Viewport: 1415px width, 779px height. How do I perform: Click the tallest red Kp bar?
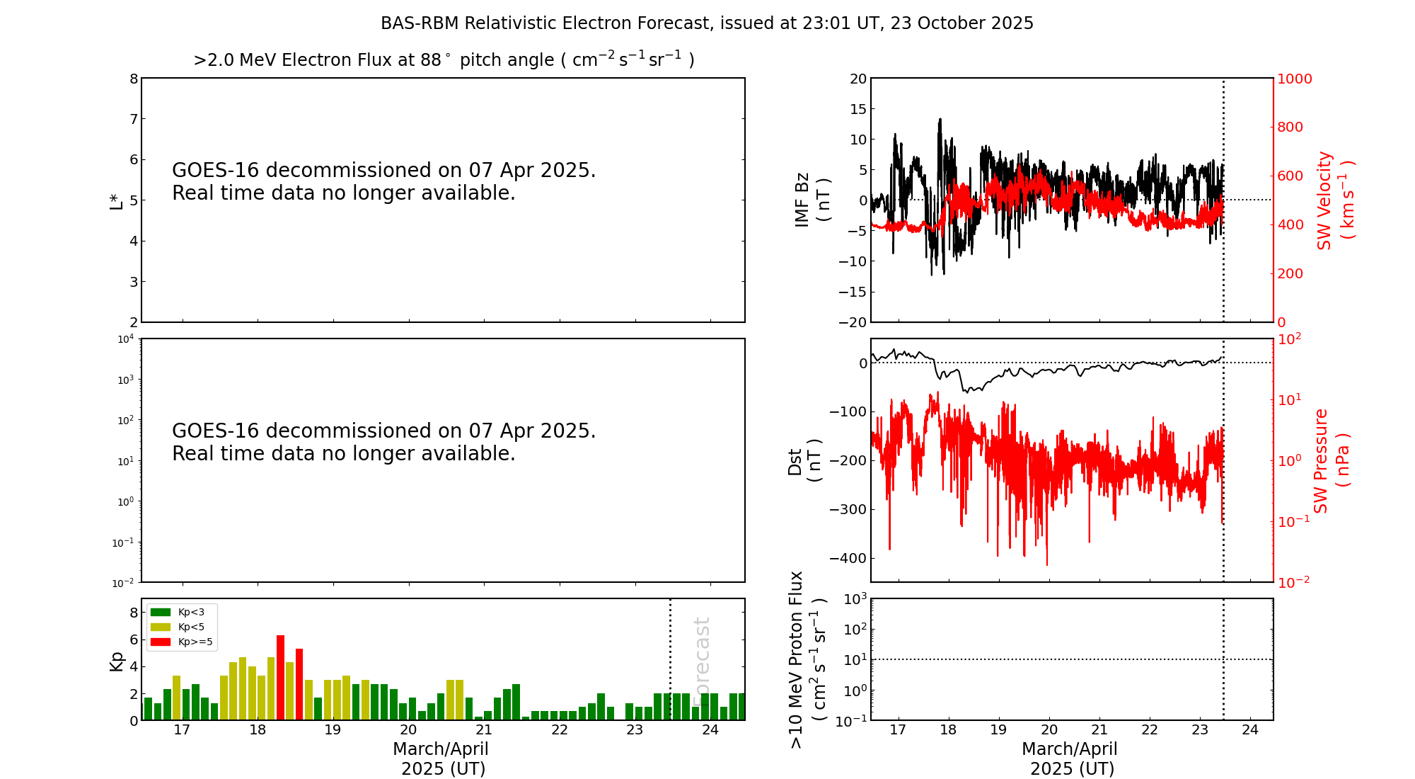[x=281, y=678]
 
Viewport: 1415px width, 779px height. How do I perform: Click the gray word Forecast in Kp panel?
[x=701, y=661]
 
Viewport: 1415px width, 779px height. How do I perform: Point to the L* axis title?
[x=116, y=200]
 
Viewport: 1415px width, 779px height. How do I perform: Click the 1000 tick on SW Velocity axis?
[x=1294, y=79]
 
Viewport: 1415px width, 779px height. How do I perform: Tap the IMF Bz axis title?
[x=812, y=200]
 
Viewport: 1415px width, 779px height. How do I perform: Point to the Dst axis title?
[x=804, y=460]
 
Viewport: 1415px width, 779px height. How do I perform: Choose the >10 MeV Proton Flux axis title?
[x=807, y=659]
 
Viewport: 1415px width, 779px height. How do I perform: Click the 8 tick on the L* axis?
[x=134, y=79]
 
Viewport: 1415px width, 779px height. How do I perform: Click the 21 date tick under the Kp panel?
[x=484, y=730]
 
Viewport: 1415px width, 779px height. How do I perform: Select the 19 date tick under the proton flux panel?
[x=999, y=730]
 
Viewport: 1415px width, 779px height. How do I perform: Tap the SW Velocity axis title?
[x=1335, y=200]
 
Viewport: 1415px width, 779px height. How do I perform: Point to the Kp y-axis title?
[x=116, y=660]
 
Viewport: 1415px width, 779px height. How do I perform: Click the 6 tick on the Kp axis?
[x=134, y=639]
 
